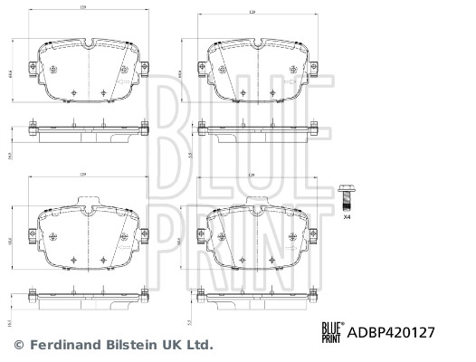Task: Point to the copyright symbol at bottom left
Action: pyautogui.click(x=19, y=345)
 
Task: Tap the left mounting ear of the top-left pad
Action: pyautogui.click(x=33, y=68)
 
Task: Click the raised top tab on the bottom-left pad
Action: pyautogui.click(x=88, y=201)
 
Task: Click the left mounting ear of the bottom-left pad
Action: pyautogui.click(x=33, y=238)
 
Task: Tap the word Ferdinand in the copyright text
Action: pyautogui.click(x=62, y=345)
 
